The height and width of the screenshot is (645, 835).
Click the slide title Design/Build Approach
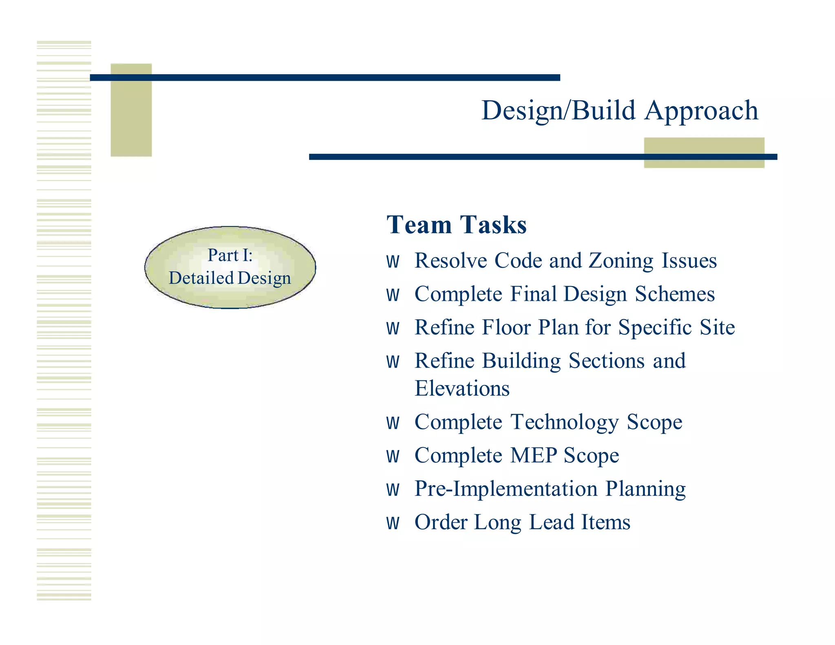point(620,110)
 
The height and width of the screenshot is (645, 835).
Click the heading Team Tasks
point(457,225)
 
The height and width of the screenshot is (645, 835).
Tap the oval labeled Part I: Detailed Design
point(230,267)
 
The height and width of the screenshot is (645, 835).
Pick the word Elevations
point(462,388)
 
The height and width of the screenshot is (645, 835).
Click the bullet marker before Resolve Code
point(393,262)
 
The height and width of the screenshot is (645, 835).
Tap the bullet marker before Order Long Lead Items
point(393,524)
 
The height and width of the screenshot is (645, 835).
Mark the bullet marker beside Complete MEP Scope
point(393,457)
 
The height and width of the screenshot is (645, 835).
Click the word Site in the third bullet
point(717,327)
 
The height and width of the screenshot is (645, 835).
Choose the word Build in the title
point(603,110)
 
